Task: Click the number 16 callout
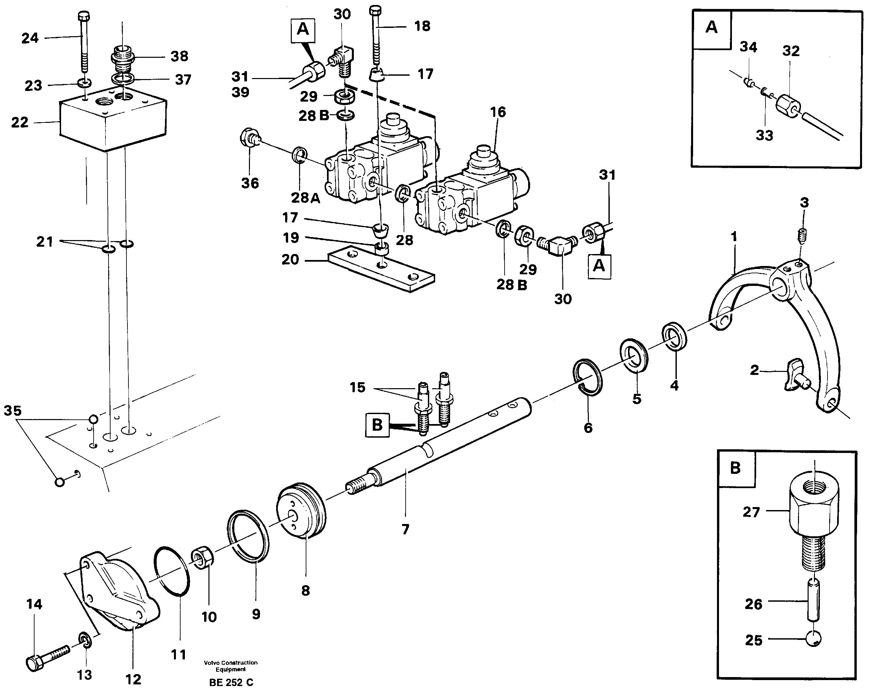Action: pos(498,112)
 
